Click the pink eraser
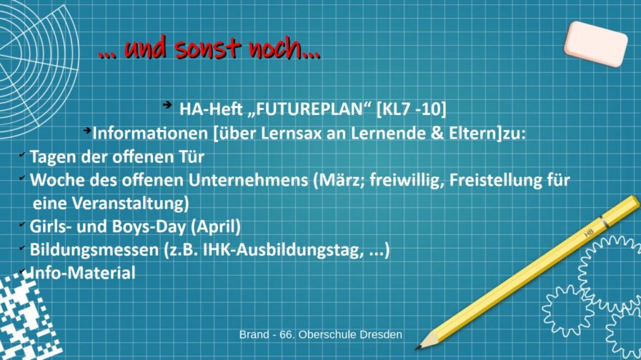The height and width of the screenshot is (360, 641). pyautogui.click(x=596, y=44)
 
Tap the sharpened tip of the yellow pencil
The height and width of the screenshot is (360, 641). pyautogui.click(x=416, y=348)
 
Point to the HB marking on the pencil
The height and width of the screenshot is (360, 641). pyautogui.click(x=588, y=233)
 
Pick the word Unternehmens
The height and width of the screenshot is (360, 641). pyautogui.click(x=248, y=180)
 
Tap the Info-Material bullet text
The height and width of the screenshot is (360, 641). pyautogui.click(x=81, y=273)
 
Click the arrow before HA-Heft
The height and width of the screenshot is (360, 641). pyautogui.click(x=167, y=105)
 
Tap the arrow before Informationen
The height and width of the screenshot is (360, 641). pyautogui.click(x=87, y=131)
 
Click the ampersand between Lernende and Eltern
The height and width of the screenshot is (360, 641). pyautogui.click(x=438, y=134)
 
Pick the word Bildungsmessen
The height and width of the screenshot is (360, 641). pyautogui.click(x=94, y=250)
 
